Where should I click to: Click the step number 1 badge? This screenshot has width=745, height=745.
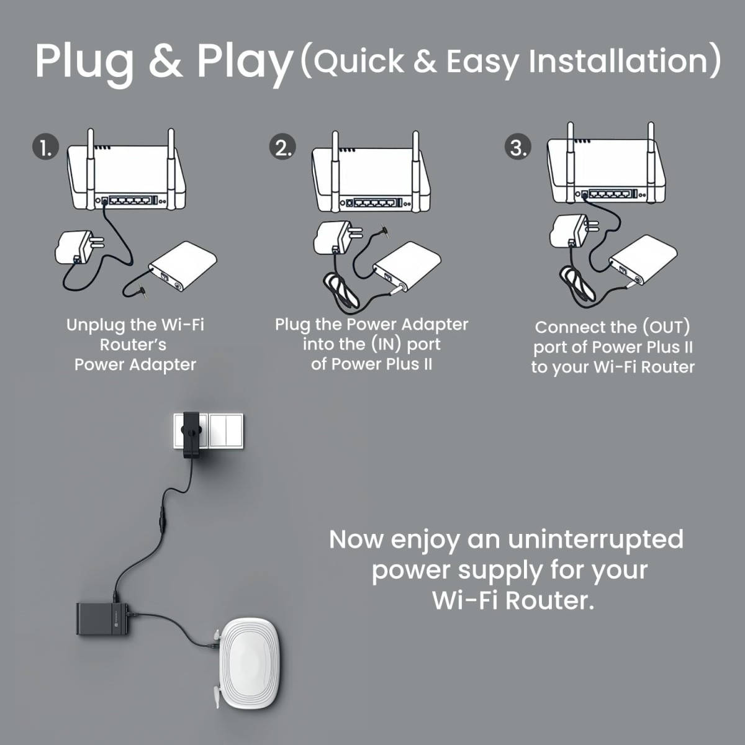(x=45, y=148)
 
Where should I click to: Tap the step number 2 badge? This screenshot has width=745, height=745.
(x=282, y=148)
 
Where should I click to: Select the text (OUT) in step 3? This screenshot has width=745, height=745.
(x=666, y=327)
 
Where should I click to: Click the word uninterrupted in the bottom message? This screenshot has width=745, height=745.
(x=595, y=539)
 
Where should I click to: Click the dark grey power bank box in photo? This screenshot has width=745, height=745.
(x=102, y=618)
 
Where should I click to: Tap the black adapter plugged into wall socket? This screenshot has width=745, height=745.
(x=192, y=435)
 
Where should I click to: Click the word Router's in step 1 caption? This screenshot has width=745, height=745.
(x=133, y=345)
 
